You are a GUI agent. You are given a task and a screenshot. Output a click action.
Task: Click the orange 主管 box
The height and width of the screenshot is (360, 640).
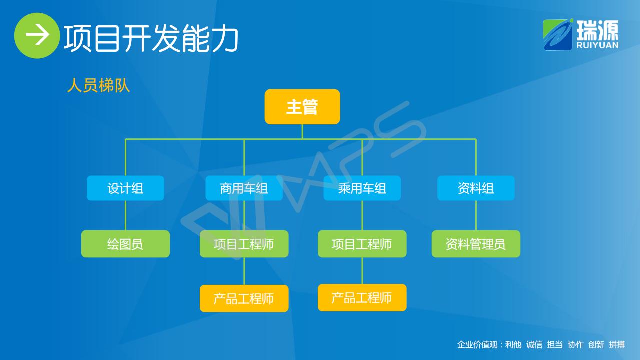coord(302,107)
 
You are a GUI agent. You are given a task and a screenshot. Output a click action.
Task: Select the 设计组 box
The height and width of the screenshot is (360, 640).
coord(125,188)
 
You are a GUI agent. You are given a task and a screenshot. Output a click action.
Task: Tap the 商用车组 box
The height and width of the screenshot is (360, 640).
coord(244,188)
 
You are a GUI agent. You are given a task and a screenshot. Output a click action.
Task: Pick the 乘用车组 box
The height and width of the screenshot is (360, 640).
coord(362,188)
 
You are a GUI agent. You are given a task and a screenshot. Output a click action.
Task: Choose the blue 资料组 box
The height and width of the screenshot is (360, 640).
coord(476,188)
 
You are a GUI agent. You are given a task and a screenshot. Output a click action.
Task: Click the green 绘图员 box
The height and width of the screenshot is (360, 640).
coord(125,244)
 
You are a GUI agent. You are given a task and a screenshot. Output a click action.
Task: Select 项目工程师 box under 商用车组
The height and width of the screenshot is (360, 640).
coord(244,244)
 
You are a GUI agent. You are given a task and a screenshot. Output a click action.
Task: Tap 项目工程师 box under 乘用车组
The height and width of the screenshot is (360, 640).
coord(362,244)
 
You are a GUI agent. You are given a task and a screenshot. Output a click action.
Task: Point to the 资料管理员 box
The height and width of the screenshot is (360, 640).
coord(476,244)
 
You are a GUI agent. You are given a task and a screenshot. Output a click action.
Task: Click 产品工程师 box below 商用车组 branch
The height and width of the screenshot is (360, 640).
coord(244,298)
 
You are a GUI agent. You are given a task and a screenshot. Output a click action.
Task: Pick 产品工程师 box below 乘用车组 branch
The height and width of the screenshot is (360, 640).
coord(362,298)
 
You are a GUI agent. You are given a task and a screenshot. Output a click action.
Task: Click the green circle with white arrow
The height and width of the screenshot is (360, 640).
coord(37,35)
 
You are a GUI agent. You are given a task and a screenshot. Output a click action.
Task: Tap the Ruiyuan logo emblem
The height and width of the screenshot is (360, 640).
coord(558,35)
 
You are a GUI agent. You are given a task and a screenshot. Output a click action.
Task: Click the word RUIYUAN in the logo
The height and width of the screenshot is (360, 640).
coord(597,45)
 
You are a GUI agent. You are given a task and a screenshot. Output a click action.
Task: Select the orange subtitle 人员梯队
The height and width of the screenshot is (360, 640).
coord(98,85)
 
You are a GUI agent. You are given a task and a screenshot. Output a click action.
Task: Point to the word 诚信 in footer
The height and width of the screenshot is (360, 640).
coord(534,345)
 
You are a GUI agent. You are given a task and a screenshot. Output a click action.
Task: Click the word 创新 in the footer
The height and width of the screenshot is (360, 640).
coord(596,345)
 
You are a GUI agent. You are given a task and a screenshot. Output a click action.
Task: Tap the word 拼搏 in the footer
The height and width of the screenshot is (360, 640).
coord(617,345)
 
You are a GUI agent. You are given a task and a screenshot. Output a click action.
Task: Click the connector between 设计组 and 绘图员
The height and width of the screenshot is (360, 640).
coord(125,215)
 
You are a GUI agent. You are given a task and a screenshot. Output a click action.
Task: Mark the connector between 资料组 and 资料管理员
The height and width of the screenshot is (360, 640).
coord(476,215)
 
